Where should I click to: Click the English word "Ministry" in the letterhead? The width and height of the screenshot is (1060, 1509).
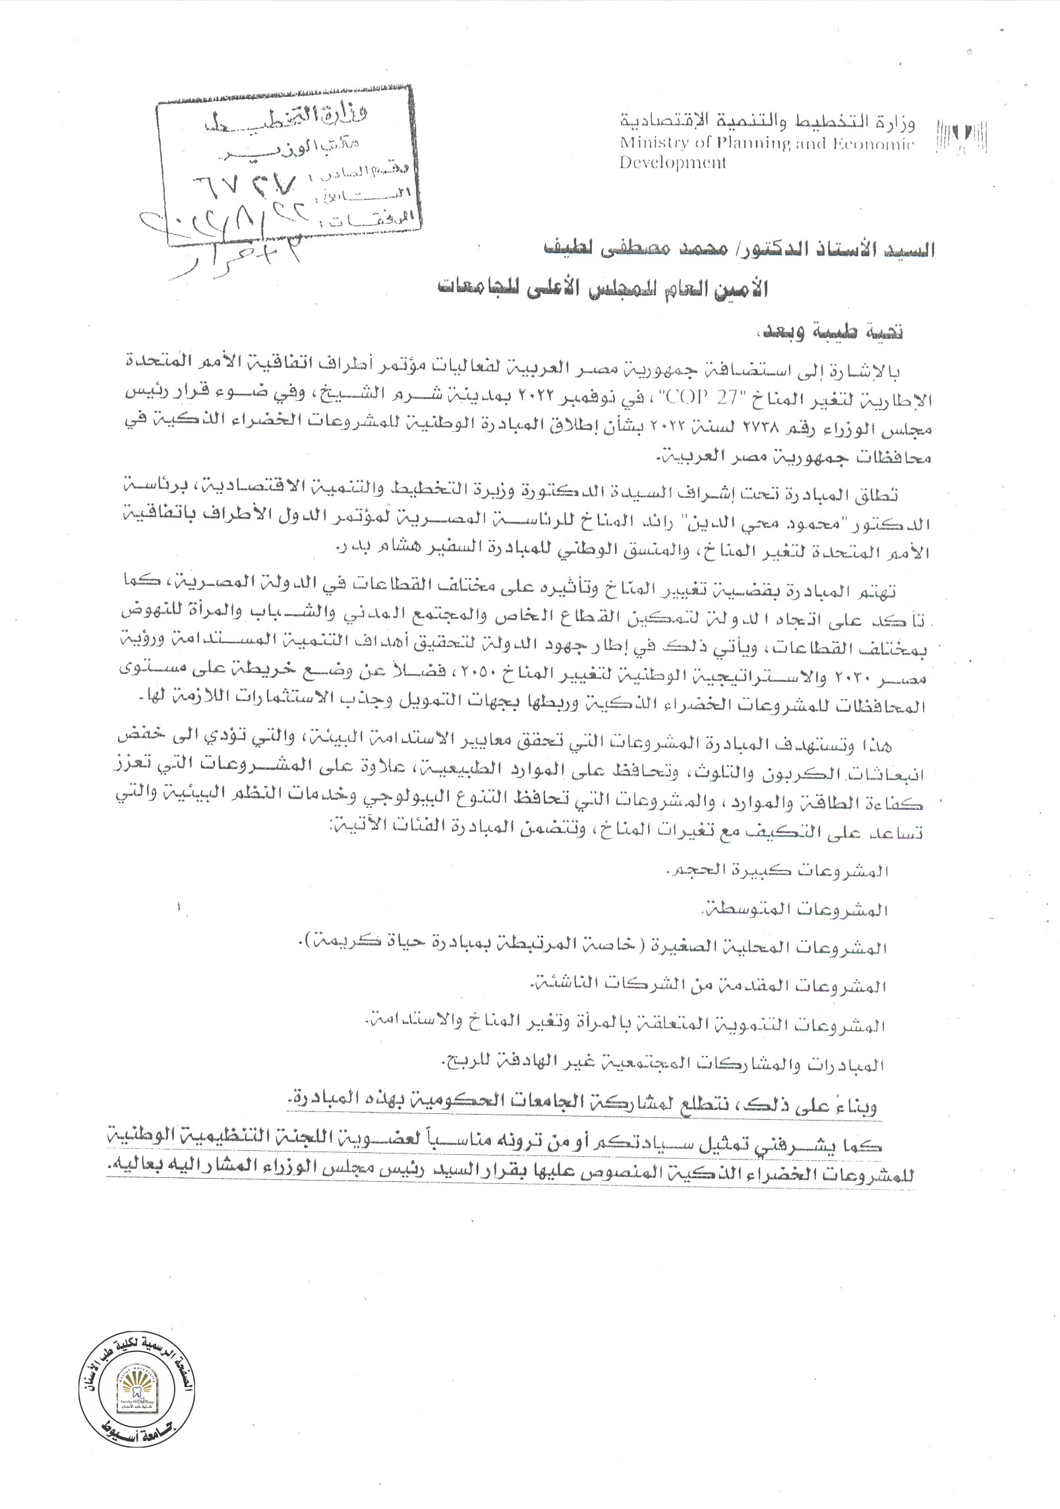click(x=647, y=144)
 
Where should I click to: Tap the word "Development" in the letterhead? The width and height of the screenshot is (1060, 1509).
click(x=672, y=162)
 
